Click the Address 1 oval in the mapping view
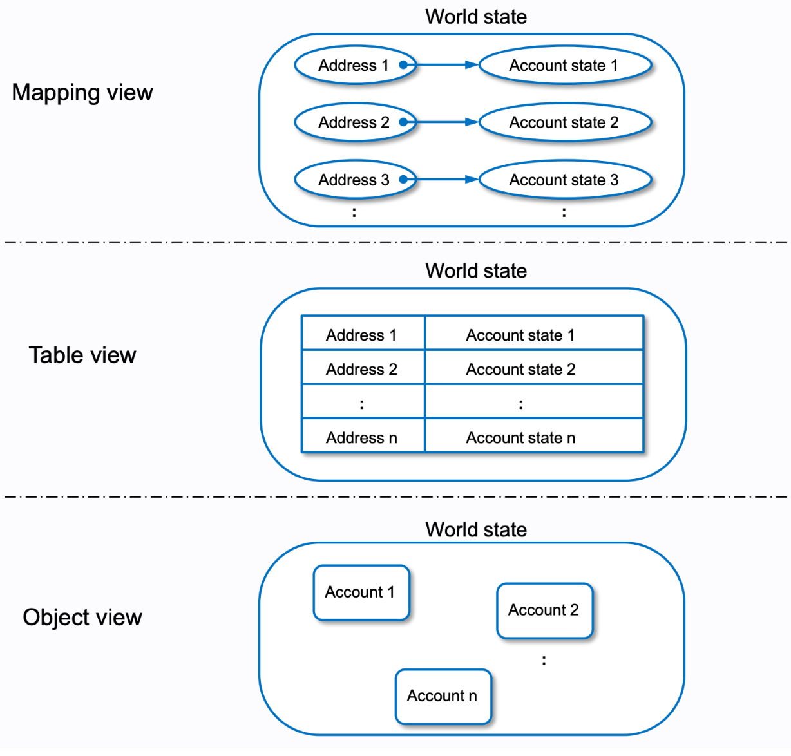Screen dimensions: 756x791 click(355, 65)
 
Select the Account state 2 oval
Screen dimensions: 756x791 click(565, 122)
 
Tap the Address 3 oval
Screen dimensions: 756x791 click(355, 180)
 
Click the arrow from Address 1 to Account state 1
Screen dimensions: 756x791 click(444, 64)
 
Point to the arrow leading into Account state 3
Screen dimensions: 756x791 click(444, 179)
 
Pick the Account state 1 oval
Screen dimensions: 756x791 click(565, 65)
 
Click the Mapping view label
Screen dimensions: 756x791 click(82, 93)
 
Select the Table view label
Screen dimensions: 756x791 click(82, 355)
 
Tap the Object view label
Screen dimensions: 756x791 click(82, 617)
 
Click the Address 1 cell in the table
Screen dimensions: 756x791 click(362, 335)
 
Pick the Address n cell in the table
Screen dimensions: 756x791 click(362, 438)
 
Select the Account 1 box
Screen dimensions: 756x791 click(361, 592)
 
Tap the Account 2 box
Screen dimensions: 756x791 click(544, 610)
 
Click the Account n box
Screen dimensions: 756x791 click(443, 696)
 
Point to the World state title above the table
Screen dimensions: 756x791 click(476, 270)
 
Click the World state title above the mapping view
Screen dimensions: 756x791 click(476, 17)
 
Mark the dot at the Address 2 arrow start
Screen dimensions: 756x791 click(403, 122)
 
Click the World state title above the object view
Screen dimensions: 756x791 click(476, 529)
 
